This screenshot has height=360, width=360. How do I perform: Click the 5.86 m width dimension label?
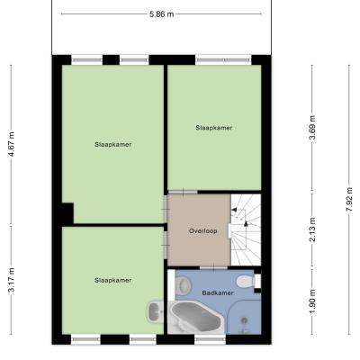(162, 14)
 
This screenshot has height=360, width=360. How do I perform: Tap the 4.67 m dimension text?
(12, 144)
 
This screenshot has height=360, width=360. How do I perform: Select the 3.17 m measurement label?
(12, 280)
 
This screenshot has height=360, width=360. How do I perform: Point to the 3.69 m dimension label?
(312, 128)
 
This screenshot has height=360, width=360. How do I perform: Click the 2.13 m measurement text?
(312, 229)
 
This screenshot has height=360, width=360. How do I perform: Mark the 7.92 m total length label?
(349, 199)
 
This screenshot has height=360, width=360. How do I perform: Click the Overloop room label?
(203, 231)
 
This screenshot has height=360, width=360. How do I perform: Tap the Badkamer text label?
(218, 292)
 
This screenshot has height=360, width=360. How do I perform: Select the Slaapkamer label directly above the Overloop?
(214, 128)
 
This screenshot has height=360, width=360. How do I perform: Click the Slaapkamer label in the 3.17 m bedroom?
(113, 280)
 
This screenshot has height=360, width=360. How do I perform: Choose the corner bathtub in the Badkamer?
(195, 317)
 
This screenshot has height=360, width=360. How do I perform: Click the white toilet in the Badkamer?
(247, 282)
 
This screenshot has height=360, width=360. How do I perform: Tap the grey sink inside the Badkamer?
(184, 285)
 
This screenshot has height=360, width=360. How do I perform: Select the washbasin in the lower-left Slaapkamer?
(155, 312)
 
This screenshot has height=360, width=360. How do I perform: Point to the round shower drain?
(245, 320)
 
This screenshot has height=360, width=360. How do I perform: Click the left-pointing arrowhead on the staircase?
(235, 210)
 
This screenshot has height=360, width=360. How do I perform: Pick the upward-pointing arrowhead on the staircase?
(246, 223)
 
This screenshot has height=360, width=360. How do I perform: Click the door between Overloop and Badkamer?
(213, 267)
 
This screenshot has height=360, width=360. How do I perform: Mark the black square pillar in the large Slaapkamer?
(67, 213)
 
